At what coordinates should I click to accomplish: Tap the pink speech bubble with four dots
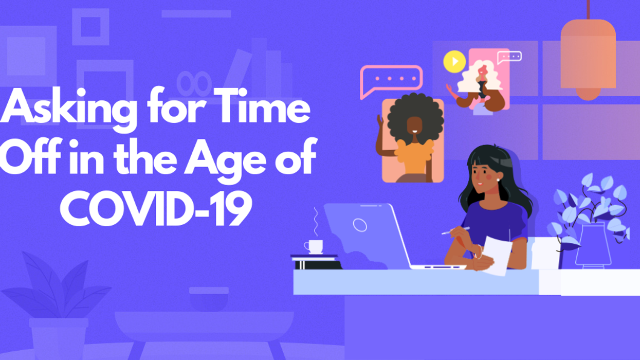(391, 80)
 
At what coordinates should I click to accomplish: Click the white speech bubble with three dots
(509, 56)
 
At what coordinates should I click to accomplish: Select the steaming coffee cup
(314, 246)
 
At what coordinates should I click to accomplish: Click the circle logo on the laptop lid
(360, 225)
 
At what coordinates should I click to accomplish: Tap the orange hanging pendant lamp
(588, 57)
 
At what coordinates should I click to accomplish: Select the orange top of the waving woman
(414, 157)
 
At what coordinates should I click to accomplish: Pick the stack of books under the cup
(316, 262)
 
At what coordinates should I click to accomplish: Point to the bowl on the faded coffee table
(208, 298)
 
